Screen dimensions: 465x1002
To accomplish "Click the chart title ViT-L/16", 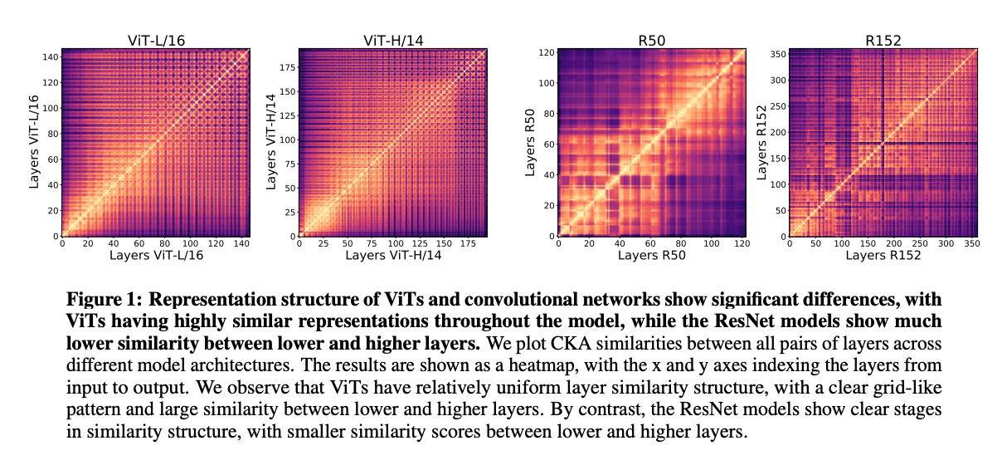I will point(157,39).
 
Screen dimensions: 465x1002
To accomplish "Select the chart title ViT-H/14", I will point(392,39).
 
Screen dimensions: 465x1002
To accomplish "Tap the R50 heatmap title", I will point(652,39).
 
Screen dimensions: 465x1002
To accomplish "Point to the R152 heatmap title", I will point(883,39).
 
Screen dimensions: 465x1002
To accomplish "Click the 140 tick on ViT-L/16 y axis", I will point(50,56).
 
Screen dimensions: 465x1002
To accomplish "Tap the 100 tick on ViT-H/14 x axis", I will point(394,244).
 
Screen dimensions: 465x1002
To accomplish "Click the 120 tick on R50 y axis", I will point(545,51).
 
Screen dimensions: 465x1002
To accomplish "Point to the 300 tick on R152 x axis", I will point(945,244).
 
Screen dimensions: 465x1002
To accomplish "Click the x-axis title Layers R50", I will point(652,256).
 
